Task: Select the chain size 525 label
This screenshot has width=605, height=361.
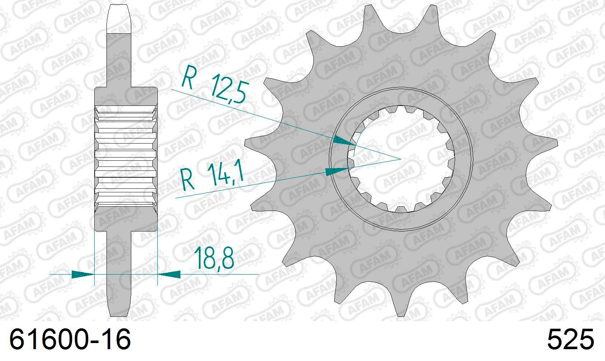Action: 571,339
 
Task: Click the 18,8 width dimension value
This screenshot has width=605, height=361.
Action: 214,258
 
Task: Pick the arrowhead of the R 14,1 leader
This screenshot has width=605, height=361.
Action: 336,171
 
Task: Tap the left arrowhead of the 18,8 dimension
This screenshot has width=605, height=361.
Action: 82,275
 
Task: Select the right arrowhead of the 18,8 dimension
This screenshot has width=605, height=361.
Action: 169,275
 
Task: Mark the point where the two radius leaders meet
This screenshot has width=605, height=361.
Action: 400,159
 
